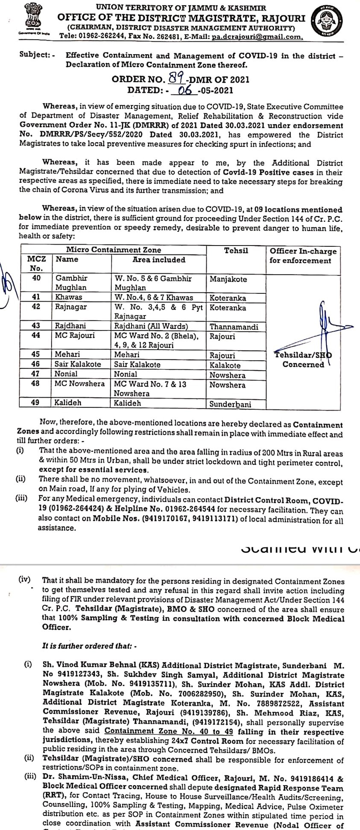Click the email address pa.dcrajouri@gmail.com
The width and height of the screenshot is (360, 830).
(x=258, y=37)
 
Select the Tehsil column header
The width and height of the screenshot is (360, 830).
(x=236, y=250)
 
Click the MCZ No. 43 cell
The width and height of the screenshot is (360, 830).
(x=36, y=326)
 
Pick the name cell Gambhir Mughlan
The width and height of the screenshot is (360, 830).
(x=71, y=283)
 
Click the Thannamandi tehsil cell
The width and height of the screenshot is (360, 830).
(x=234, y=327)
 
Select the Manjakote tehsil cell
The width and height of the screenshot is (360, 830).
(x=228, y=279)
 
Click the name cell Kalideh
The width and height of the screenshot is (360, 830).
(x=68, y=403)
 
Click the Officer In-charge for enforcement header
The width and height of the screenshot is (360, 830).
(x=303, y=255)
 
